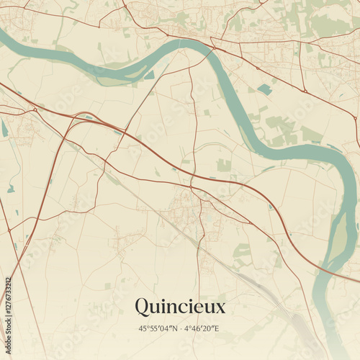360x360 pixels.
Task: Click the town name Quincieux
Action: coord(179,307)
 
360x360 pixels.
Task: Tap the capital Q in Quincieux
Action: coord(143,307)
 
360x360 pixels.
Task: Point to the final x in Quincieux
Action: coord(220,308)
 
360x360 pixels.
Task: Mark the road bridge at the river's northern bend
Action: coord(212,48)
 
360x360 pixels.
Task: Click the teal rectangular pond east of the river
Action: coord(265,89)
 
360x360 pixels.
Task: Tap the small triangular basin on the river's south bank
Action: coord(149,75)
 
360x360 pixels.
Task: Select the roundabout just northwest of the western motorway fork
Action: coord(35,109)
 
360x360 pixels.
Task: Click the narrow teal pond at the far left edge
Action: coord(4,129)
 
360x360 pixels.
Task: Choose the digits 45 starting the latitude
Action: coord(142,328)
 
